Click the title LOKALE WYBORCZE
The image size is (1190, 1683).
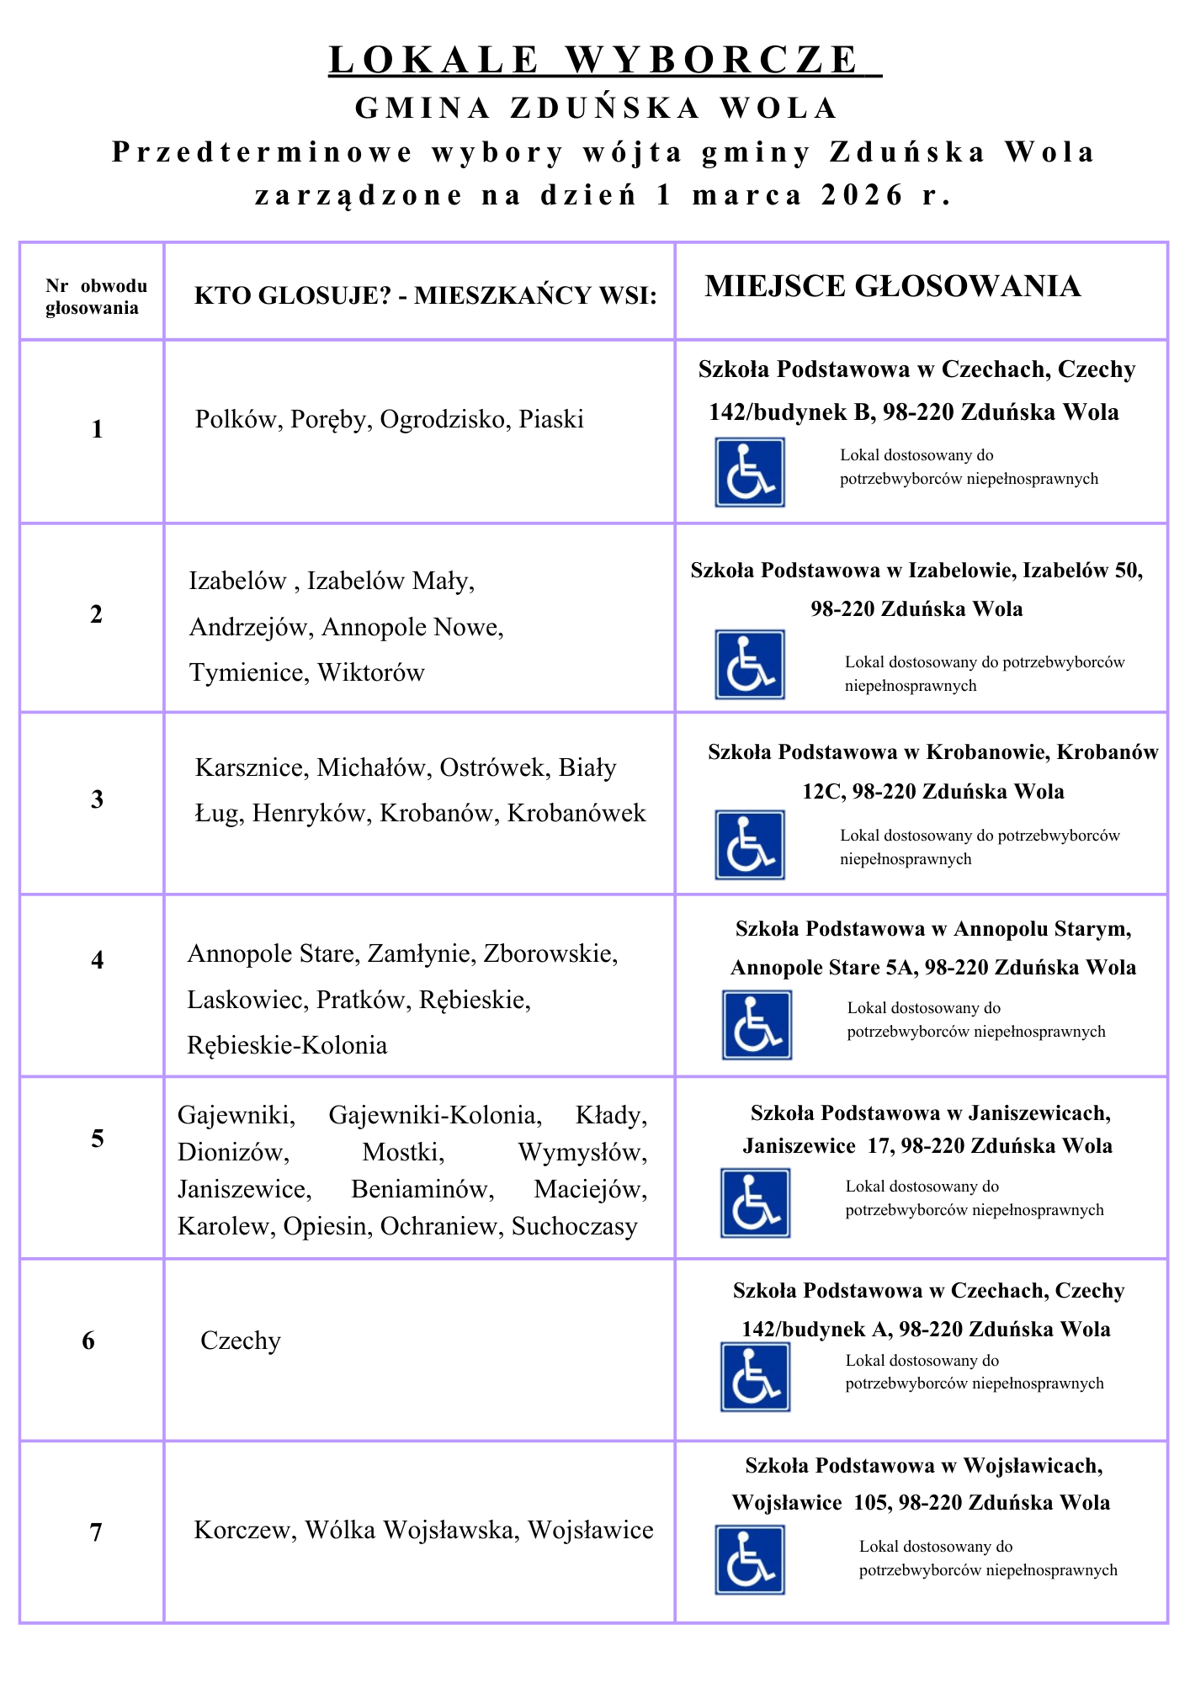(604, 60)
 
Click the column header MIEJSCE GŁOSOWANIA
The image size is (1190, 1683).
(892, 286)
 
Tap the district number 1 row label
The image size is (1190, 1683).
(97, 429)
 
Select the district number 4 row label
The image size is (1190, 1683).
(98, 959)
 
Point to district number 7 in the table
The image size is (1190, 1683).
(96, 1532)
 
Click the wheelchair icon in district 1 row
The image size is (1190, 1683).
(750, 472)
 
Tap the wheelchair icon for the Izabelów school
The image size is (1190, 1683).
(750, 665)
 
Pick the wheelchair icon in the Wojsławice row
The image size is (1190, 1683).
(750, 1560)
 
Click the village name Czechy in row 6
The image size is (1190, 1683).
(241, 1341)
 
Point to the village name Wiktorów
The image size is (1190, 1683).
(371, 672)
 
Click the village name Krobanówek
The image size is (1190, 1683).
(576, 813)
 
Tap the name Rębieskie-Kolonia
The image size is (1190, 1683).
(287, 1045)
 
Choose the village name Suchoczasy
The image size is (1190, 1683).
(574, 1226)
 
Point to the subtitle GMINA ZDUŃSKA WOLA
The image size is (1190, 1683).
(597, 108)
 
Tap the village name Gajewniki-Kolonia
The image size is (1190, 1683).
(435, 1115)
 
